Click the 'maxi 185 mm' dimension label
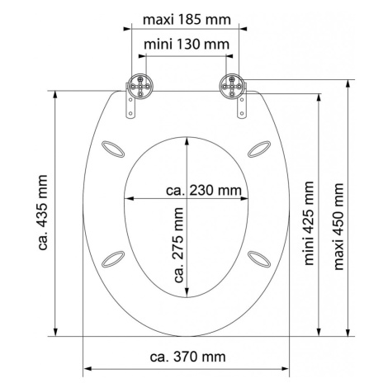coord(187,20)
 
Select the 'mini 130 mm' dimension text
coord(187,45)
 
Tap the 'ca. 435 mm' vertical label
coord(43,212)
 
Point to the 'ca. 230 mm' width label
coord(204,190)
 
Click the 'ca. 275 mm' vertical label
coord(178,245)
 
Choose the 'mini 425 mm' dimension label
coord(309,223)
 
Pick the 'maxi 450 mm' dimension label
coord(338,226)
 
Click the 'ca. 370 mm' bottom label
coord(187,357)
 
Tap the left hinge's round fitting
coord(140,87)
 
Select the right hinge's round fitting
coord(232,86)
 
